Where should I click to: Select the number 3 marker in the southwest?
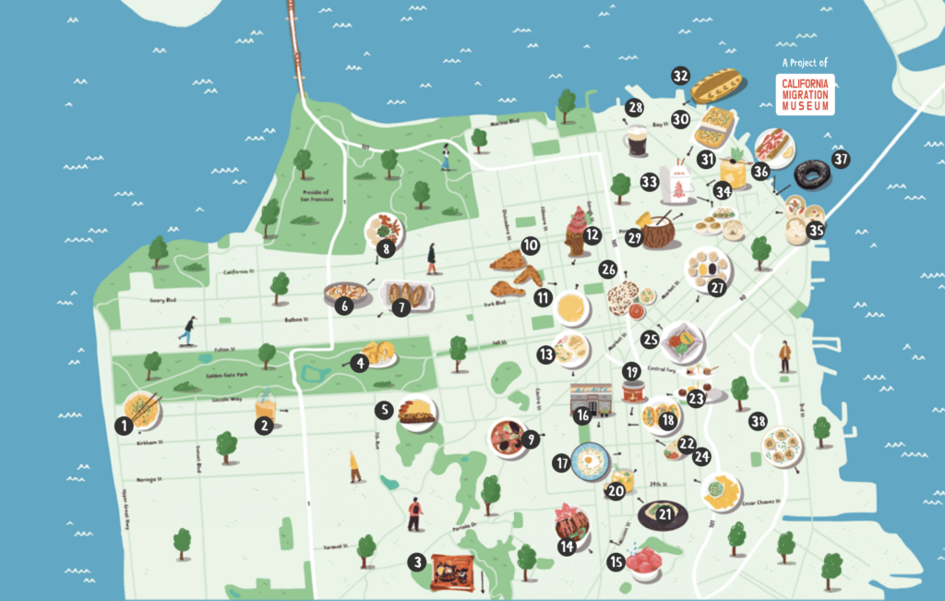418,561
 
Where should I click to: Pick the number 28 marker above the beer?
635,108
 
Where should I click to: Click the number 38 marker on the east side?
759,420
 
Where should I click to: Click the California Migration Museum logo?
804,94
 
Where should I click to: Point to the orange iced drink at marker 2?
267,406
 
